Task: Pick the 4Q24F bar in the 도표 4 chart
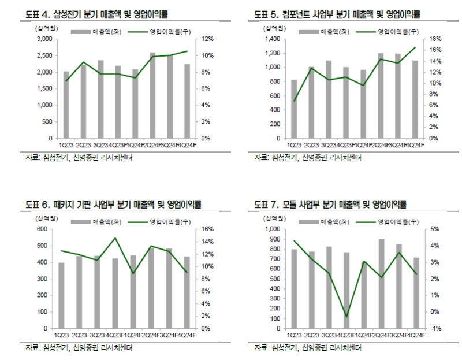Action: click(187, 101)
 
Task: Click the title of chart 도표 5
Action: click(338, 13)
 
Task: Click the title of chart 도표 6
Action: click(113, 204)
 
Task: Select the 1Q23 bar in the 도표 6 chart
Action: click(61, 295)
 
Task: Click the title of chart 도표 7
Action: click(330, 204)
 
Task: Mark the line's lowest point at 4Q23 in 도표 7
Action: click(346, 317)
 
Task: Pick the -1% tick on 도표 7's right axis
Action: click(437, 328)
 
